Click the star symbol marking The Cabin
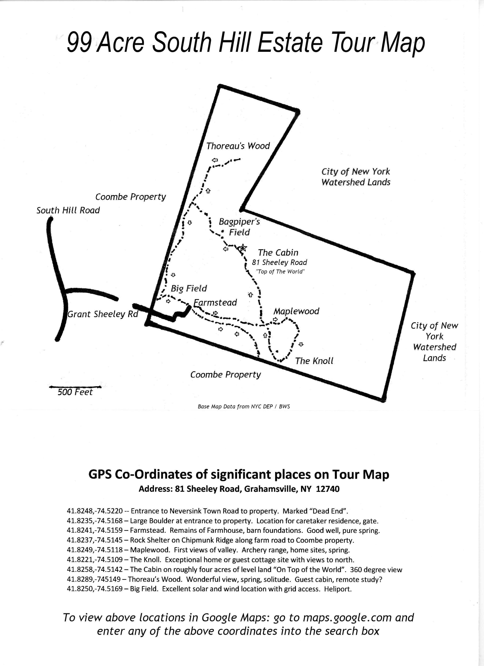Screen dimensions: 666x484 (242, 248)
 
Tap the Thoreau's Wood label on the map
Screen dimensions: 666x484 (238, 146)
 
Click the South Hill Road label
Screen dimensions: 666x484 (68, 210)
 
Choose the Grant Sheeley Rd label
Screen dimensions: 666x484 (103, 314)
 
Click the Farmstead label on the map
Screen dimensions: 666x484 (215, 303)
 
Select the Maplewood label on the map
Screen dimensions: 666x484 (296, 311)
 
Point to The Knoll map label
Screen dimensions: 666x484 (314, 361)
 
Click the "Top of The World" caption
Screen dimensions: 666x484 (280, 272)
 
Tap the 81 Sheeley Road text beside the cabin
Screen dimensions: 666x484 (280, 262)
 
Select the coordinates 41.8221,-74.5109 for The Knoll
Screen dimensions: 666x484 (95, 560)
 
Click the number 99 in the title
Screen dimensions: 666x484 (79, 43)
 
